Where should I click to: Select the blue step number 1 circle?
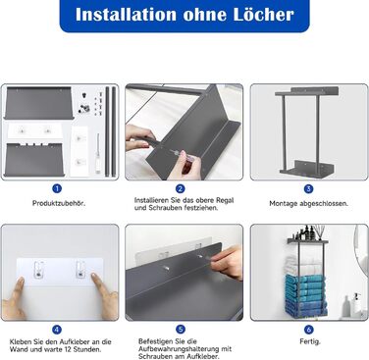pos(57,188)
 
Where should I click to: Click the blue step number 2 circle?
pos(181,188)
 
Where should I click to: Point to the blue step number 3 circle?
pos(308,188)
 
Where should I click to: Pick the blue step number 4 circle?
pos(57,330)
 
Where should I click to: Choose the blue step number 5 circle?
pos(181,330)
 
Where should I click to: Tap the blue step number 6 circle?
pos(308,330)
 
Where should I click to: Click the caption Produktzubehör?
pos(59,203)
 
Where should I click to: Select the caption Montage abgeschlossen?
pos(309,203)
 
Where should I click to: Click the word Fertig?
pos(310,341)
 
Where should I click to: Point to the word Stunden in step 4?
pos(87,349)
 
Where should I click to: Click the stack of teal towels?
pos(305,295)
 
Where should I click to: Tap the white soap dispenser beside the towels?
pos(357,304)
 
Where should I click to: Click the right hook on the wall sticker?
pos(80,269)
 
